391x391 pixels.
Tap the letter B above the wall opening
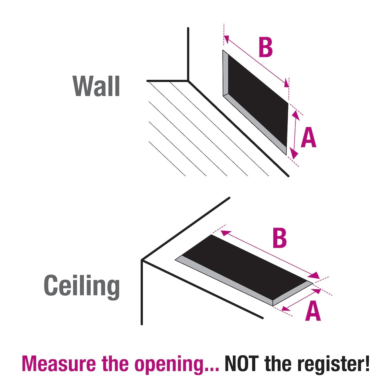tap(265, 48)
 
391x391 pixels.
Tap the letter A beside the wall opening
tap(308, 138)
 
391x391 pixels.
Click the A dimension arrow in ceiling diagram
tap(301, 300)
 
